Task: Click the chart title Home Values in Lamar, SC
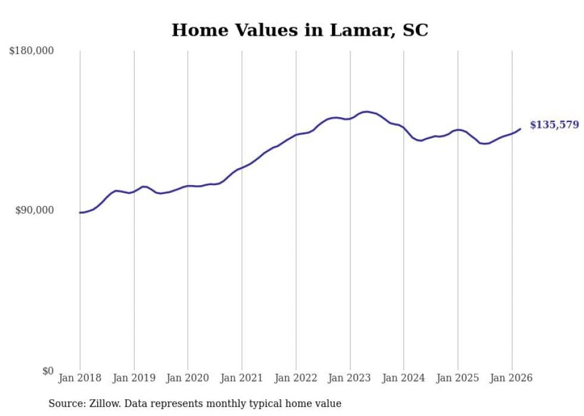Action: (x=300, y=30)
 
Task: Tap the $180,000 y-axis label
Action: (x=31, y=51)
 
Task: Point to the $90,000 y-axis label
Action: (x=34, y=210)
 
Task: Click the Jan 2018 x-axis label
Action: (x=80, y=378)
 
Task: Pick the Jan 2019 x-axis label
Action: (x=134, y=378)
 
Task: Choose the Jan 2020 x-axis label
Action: (x=188, y=378)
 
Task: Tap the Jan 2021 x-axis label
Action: (x=242, y=378)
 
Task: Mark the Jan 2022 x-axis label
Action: (x=296, y=378)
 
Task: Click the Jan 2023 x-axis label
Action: (x=350, y=378)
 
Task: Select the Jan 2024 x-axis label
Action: (x=404, y=378)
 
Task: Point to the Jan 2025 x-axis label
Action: (x=458, y=378)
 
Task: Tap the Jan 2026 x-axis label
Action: (x=512, y=378)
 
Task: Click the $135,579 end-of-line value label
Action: (x=554, y=125)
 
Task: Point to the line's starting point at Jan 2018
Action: (x=80, y=212)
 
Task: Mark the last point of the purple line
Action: (x=520, y=129)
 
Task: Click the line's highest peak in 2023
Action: (x=366, y=111)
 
